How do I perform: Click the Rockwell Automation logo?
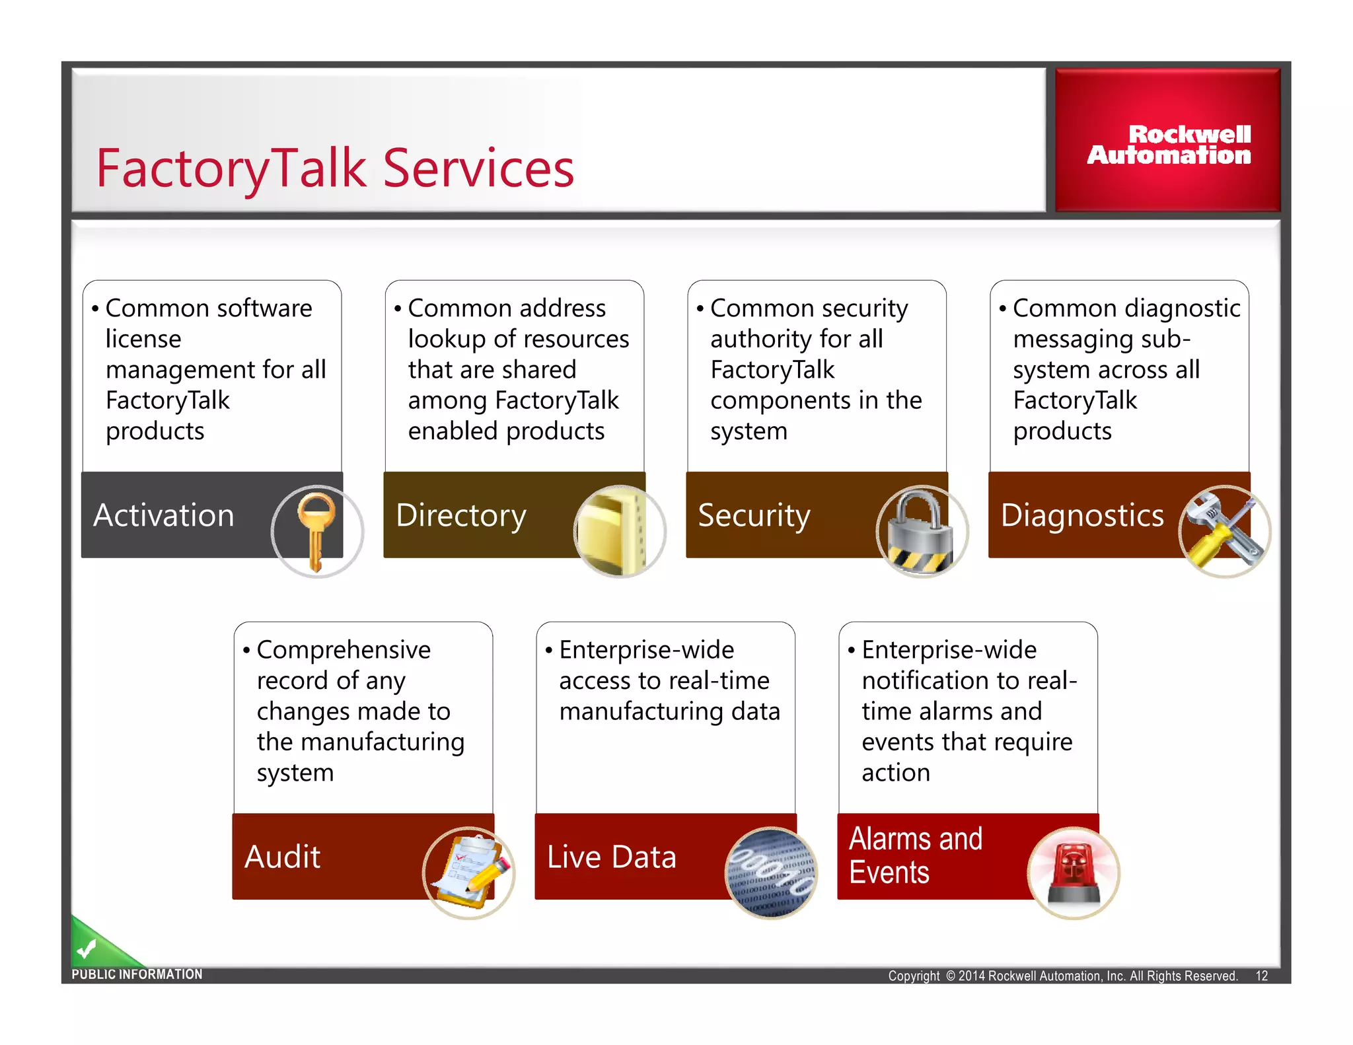point(1168,144)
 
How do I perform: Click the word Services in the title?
point(478,168)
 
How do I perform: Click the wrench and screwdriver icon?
point(1224,530)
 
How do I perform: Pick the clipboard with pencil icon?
point(468,872)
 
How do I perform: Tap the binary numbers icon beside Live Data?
point(771,872)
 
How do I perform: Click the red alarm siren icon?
point(1074,872)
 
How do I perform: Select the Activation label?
point(164,515)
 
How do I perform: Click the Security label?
point(754,515)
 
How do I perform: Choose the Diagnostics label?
point(1081,515)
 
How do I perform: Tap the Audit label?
point(282,857)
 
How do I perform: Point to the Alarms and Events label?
point(915,855)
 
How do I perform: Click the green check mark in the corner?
point(87,949)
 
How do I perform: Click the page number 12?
point(1261,976)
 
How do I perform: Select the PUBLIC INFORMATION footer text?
point(137,974)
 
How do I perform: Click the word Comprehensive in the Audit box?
point(344,650)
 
